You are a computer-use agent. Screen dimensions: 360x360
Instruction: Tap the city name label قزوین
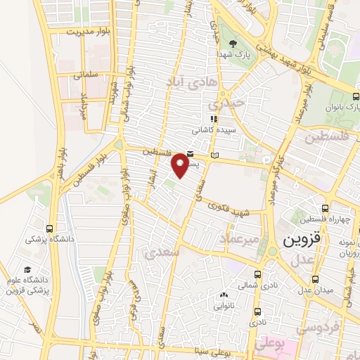click(302, 240)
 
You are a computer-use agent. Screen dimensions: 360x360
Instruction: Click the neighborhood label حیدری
click(230, 103)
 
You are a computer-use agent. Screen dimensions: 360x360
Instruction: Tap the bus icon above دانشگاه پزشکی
click(49, 229)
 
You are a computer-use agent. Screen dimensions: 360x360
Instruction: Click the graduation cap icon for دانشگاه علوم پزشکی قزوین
click(27, 270)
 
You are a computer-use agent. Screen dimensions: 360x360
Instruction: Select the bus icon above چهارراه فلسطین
click(324, 207)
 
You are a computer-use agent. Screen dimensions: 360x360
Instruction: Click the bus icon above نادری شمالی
click(257, 274)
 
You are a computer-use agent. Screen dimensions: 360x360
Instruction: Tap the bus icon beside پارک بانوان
click(354, 97)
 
